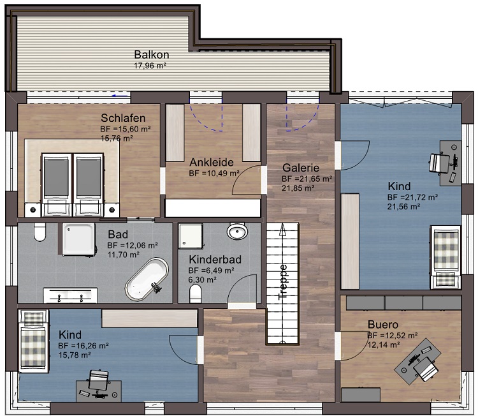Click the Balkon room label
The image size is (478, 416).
[152, 55]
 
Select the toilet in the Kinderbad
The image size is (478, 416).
[195, 293]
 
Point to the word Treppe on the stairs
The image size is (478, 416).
[283, 282]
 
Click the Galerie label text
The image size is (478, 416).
[301, 168]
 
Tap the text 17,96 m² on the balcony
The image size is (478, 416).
[150, 66]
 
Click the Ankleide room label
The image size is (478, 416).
[212, 162]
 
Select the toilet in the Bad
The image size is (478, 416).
[40, 232]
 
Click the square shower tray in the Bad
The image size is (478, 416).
[78, 239]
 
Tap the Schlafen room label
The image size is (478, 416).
[123, 118]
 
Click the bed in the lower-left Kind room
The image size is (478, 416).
[34, 341]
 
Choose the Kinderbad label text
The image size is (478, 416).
[215, 260]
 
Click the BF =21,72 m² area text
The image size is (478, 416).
[413, 197]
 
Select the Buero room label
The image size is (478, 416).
[383, 324]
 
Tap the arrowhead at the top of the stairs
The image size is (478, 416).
[282, 230]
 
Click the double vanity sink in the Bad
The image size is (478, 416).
[70, 295]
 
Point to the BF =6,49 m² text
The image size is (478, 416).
[211, 271]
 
